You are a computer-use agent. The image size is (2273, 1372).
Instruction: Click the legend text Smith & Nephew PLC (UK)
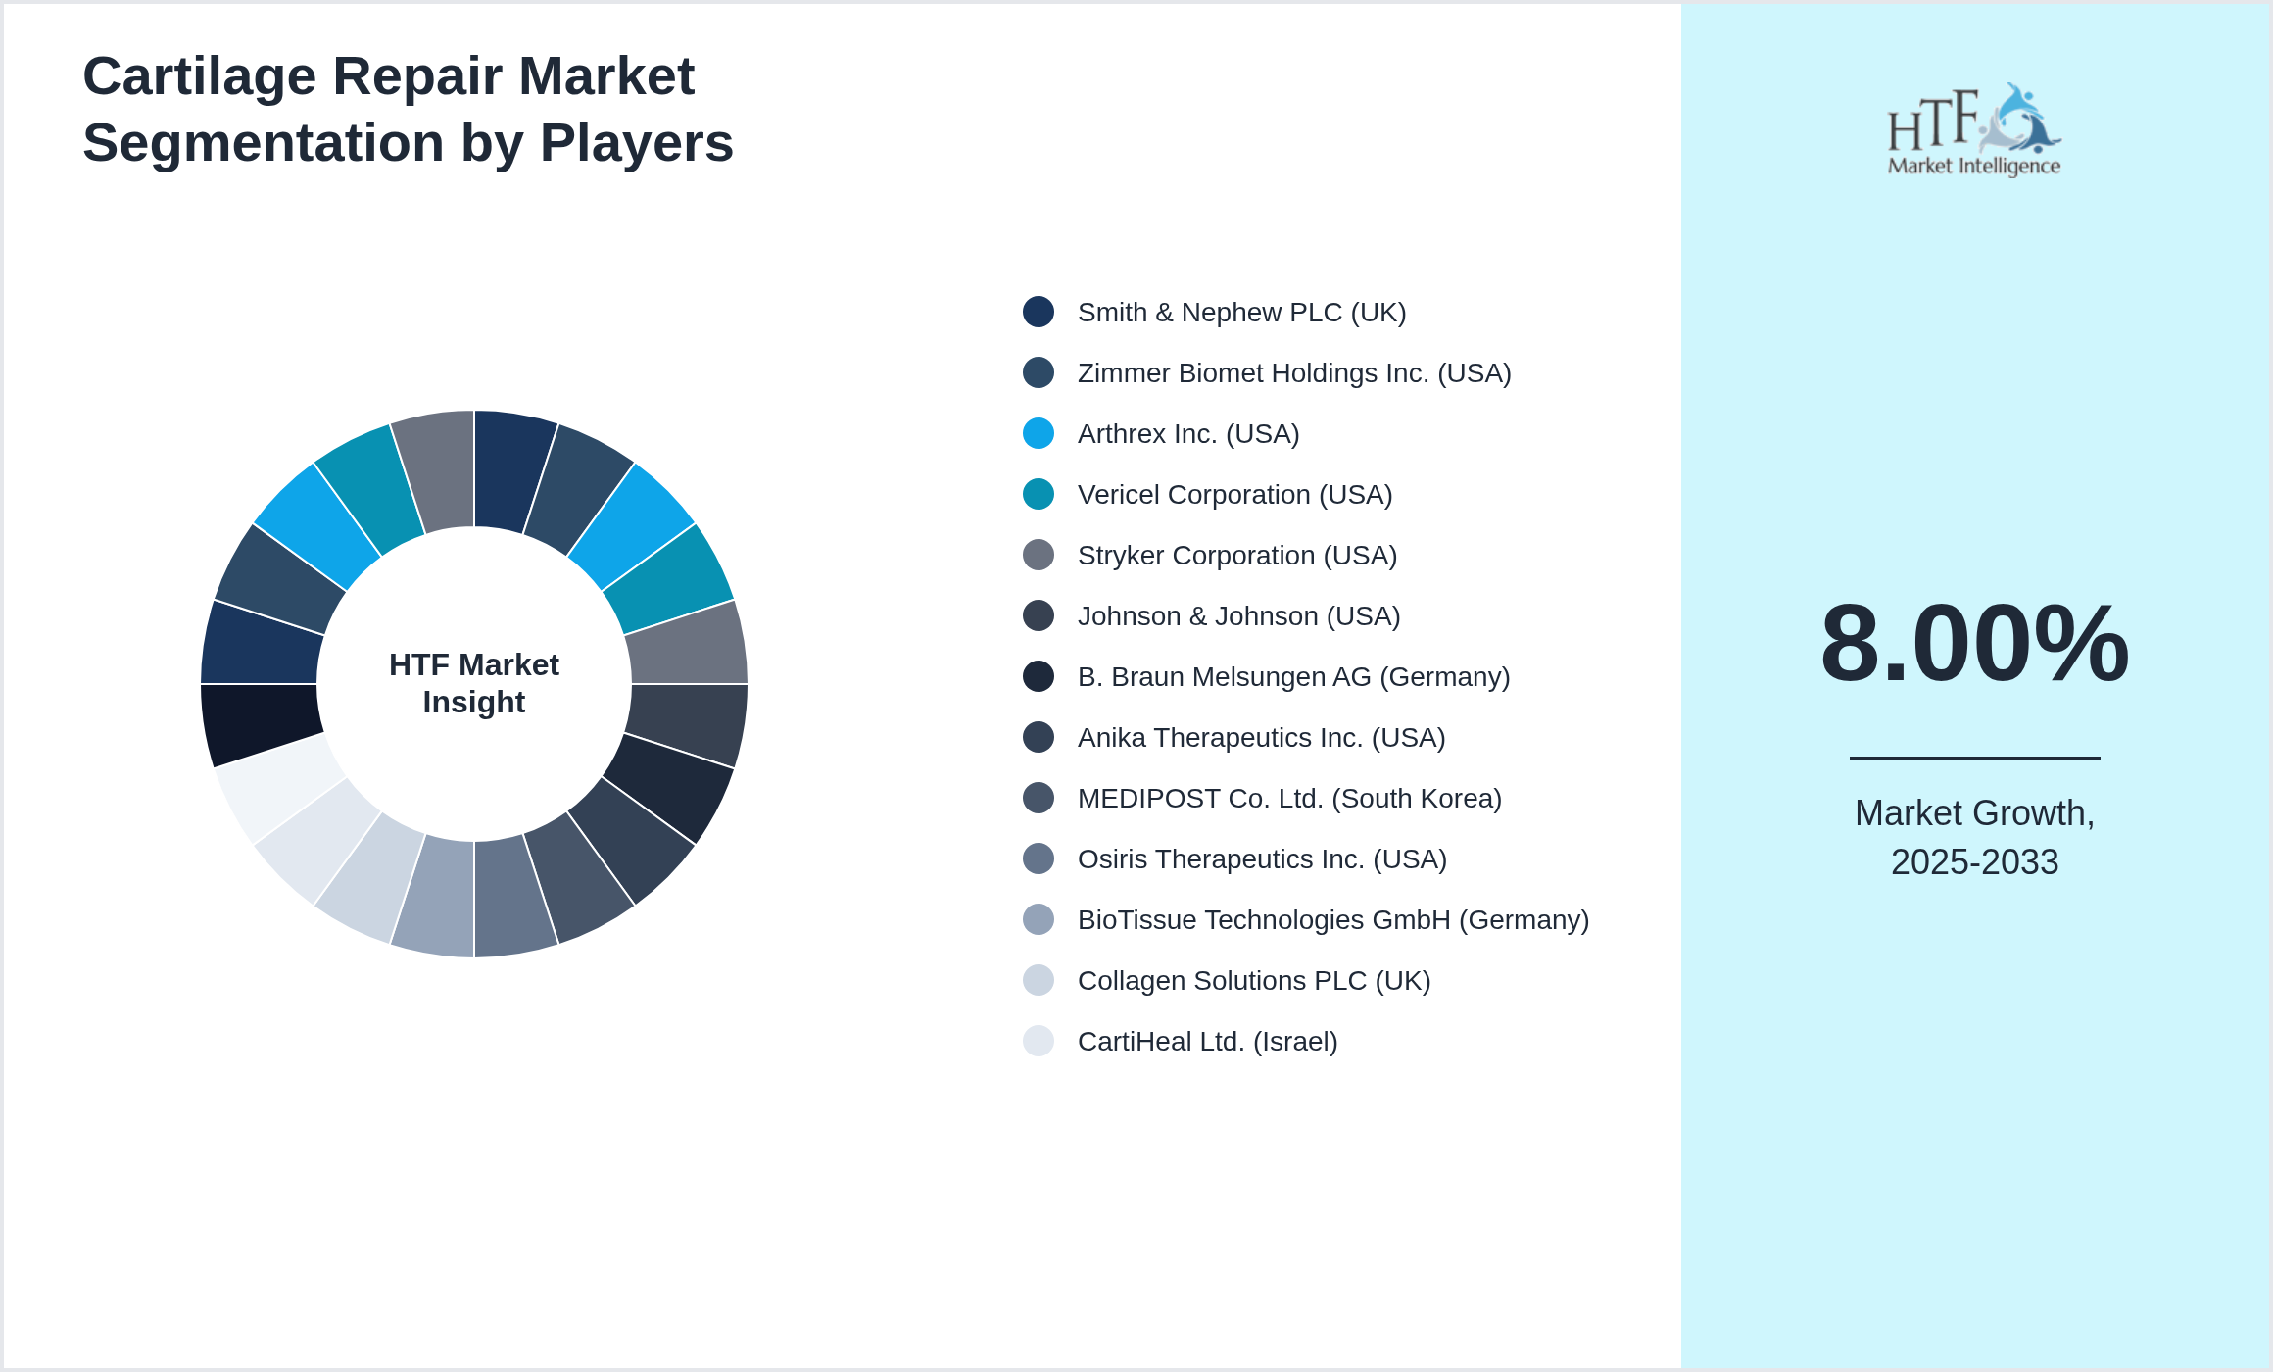pyautogui.click(x=1241, y=313)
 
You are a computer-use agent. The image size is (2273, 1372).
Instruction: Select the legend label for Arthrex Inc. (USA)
pyautogui.click(x=1187, y=434)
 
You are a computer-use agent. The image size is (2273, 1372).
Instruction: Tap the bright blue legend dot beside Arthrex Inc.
pyautogui.click(x=1039, y=433)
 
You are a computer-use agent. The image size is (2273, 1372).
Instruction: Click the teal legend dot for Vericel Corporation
pyautogui.click(x=1039, y=494)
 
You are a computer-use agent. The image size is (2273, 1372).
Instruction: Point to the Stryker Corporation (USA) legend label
pyautogui.click(x=1236, y=556)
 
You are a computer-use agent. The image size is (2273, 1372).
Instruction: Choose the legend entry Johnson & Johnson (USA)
pyautogui.click(x=1238, y=616)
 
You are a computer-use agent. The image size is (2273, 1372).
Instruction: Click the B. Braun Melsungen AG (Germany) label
pyautogui.click(x=1293, y=677)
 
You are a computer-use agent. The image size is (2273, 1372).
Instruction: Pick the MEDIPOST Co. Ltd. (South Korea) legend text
pyautogui.click(x=1289, y=799)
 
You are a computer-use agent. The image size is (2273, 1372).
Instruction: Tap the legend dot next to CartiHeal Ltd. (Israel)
pyautogui.click(x=1039, y=1041)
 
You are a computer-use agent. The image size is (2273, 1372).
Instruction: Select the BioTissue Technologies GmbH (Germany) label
pyautogui.click(x=1332, y=920)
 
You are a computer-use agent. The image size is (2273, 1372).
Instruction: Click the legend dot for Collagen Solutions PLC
pyautogui.click(x=1039, y=980)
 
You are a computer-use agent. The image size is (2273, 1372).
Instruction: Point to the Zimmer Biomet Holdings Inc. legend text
pyautogui.click(x=1293, y=373)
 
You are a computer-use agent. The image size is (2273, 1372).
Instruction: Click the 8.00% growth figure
pyautogui.click(x=1974, y=644)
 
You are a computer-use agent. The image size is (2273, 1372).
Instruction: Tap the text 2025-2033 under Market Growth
pyautogui.click(x=1974, y=862)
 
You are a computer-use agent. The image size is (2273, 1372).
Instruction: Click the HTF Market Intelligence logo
pyautogui.click(x=1974, y=130)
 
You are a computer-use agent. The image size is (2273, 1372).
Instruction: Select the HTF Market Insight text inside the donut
pyautogui.click(x=474, y=683)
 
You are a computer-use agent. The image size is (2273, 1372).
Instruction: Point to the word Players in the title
pyautogui.click(x=636, y=143)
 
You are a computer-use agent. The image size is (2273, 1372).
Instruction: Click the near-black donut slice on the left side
pyautogui.click(x=259, y=722)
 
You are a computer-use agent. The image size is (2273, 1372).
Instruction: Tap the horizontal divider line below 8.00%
pyautogui.click(x=1974, y=758)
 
